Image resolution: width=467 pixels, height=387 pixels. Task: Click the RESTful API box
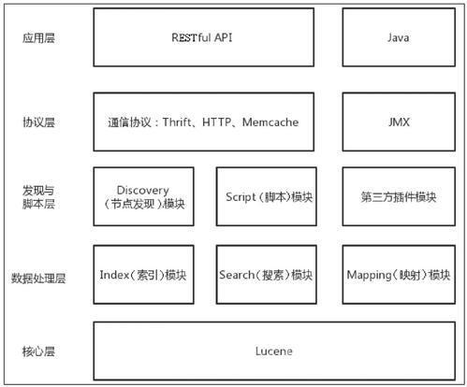[x=203, y=37]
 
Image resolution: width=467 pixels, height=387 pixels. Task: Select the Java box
[x=399, y=37]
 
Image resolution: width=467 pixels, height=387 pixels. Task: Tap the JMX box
[x=399, y=122]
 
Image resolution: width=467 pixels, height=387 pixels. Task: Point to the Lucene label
[x=274, y=351]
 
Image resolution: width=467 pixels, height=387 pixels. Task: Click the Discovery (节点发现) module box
[x=143, y=196]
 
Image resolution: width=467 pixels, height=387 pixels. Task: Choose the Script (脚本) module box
[x=267, y=196]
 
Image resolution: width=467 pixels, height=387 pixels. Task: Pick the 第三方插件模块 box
[x=399, y=196]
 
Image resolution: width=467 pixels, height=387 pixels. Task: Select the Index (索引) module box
[x=143, y=275]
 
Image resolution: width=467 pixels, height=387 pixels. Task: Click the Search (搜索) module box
[x=267, y=275]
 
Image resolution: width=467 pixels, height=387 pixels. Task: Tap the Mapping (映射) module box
[x=399, y=275]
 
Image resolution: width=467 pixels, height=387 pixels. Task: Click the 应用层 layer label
[x=38, y=38]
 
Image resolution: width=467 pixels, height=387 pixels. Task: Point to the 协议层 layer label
[x=38, y=122]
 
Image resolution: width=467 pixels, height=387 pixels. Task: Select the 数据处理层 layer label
[x=38, y=278]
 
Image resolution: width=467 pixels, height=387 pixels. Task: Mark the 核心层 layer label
[x=38, y=351]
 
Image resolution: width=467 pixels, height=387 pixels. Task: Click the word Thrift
[x=177, y=122]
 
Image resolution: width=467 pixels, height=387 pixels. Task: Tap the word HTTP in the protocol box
[x=216, y=122]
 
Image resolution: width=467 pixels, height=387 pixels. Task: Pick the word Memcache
[x=270, y=122]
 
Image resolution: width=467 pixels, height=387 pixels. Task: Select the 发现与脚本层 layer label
[x=38, y=197]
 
